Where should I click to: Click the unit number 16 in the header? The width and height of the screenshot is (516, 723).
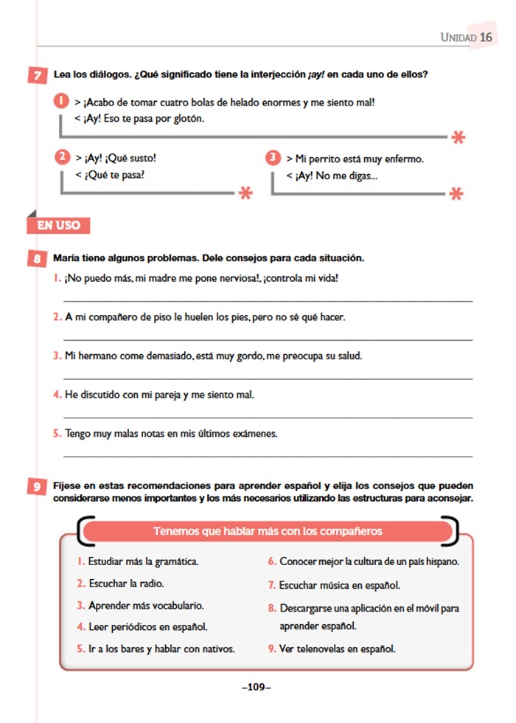click(486, 37)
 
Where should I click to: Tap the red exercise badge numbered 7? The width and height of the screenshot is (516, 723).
click(36, 75)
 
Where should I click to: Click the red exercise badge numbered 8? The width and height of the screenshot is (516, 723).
click(36, 259)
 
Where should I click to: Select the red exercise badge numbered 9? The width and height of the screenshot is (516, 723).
click(36, 487)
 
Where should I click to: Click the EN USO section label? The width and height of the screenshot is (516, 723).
click(58, 225)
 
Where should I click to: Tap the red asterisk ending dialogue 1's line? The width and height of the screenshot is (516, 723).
click(459, 136)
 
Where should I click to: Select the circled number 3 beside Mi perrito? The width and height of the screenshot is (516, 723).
click(273, 158)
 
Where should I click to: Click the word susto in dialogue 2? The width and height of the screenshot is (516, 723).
click(141, 158)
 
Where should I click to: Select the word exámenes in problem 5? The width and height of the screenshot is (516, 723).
click(253, 434)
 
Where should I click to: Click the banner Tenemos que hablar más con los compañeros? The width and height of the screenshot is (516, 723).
click(267, 530)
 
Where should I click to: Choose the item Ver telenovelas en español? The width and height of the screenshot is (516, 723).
click(337, 649)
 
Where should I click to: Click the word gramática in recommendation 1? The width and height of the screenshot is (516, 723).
click(175, 561)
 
